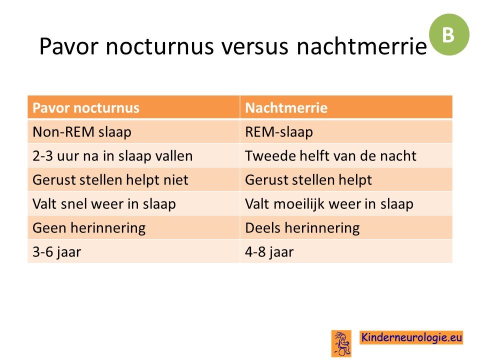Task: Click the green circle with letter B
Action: click(449, 34)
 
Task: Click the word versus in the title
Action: click(254, 46)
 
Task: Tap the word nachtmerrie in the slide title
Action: click(361, 46)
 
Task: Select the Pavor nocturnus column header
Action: click(133, 107)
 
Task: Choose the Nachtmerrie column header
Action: click(346, 107)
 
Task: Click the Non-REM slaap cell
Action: click(133, 131)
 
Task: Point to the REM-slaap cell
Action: click(346, 131)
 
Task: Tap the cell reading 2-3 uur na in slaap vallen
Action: click(133, 155)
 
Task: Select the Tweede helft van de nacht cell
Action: click(346, 155)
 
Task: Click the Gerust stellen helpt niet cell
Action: click(133, 179)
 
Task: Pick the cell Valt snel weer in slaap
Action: click(133, 203)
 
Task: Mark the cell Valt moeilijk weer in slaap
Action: click(346, 203)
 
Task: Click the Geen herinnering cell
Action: click(133, 227)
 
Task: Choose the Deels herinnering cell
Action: click(346, 227)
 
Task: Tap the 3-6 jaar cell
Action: click(133, 251)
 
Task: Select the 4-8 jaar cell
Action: click(346, 251)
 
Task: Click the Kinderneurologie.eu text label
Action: click(411, 337)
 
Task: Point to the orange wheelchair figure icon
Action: click(341, 343)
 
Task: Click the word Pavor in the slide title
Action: click(69, 46)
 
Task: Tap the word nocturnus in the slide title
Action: click(159, 46)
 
